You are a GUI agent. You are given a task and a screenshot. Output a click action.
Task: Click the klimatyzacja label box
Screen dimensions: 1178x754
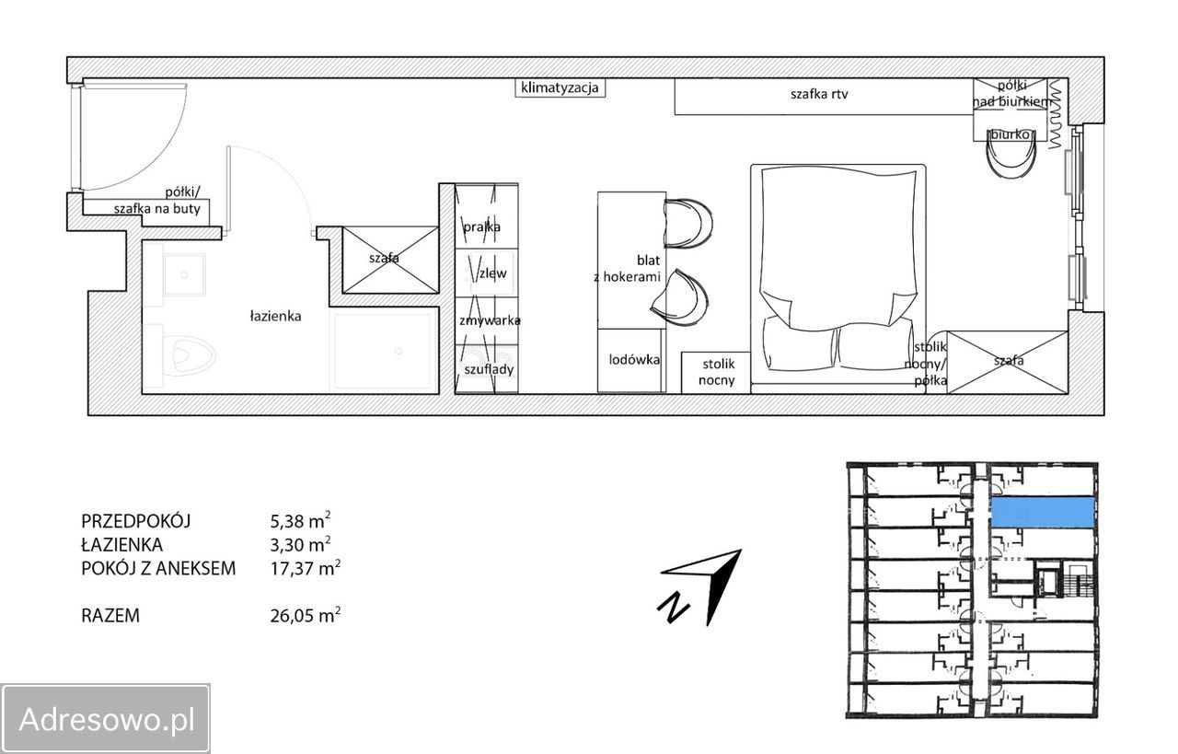tap(560, 87)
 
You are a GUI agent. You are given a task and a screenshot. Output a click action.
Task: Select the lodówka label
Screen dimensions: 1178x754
tap(634, 360)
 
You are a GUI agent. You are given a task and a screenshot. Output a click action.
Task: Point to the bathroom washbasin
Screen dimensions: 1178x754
tap(183, 275)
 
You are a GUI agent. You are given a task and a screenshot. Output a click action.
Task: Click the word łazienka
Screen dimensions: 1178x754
tap(275, 316)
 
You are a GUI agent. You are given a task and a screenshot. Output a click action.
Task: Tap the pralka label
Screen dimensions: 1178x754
tap(481, 226)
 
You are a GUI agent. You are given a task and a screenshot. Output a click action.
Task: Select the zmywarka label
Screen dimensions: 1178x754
tap(490, 320)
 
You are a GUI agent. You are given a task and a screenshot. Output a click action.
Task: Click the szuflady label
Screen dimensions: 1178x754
tap(489, 369)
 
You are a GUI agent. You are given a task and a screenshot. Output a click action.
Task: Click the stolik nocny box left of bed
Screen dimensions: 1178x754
tap(716, 373)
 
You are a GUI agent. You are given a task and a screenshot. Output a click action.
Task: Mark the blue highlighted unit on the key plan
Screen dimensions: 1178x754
tap(1041, 512)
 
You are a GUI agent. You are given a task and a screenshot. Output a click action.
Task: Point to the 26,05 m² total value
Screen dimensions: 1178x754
tap(305, 615)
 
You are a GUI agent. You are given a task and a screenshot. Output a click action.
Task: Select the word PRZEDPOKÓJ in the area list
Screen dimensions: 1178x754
tap(135, 521)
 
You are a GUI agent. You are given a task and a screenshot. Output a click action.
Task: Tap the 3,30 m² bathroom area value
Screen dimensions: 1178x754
tap(300, 544)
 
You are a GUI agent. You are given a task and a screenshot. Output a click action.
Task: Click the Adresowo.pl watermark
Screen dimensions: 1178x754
tap(106, 719)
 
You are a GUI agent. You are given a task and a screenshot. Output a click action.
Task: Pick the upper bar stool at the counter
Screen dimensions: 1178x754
tap(687, 223)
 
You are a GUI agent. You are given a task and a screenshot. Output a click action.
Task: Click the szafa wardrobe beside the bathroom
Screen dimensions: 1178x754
tap(390, 260)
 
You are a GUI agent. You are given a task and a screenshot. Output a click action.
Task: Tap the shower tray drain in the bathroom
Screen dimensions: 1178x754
tap(398, 351)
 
